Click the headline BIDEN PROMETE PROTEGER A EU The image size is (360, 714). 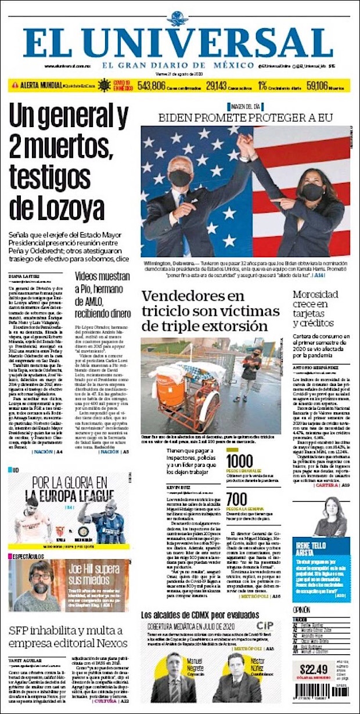[246, 118]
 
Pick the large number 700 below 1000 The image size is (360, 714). [236, 499]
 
